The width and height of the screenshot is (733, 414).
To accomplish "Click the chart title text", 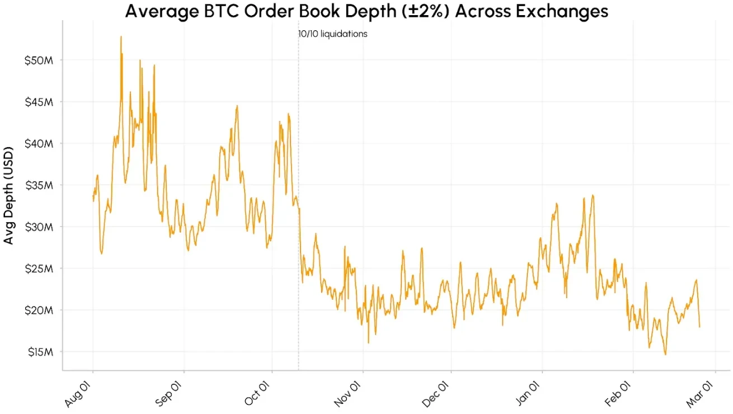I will [366, 11].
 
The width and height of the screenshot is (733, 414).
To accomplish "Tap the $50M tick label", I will [39, 60].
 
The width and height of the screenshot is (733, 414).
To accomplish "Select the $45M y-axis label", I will [39, 102].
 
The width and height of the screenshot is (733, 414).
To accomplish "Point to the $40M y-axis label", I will [39, 144].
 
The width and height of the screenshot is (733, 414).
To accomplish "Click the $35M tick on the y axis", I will [39, 185].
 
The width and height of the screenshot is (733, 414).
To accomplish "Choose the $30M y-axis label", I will [39, 227].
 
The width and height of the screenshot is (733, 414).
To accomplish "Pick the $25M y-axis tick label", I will [39, 269].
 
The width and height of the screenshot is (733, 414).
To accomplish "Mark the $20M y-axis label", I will [39, 310].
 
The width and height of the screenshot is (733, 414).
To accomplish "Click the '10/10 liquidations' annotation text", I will [333, 34].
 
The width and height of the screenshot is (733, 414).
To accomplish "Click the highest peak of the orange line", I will [121, 37].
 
